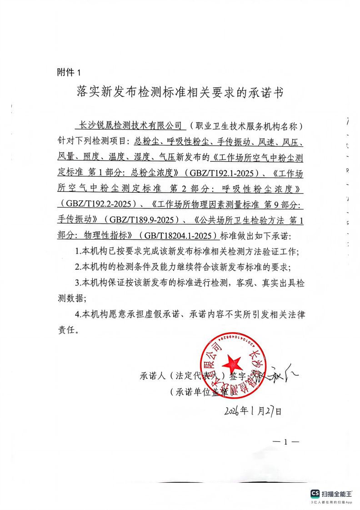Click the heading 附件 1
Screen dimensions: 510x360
(69, 72)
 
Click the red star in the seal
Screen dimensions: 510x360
(232, 364)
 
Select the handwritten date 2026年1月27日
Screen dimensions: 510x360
(253, 411)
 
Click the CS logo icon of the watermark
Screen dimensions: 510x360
(315, 494)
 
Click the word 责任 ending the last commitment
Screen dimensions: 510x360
(66, 330)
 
